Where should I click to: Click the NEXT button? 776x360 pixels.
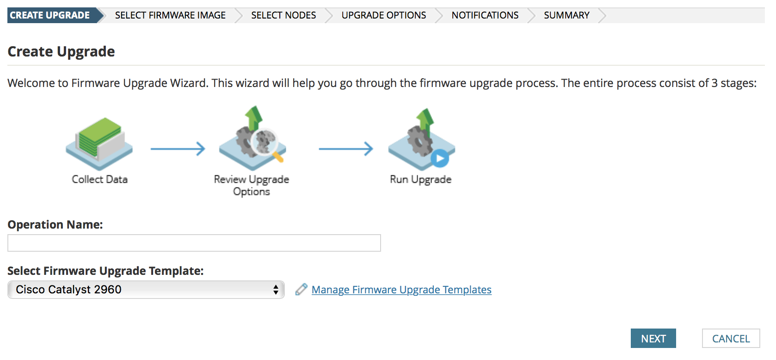(x=653, y=338)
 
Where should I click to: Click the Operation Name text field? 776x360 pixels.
(x=194, y=243)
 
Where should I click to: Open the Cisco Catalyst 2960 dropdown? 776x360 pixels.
(x=146, y=290)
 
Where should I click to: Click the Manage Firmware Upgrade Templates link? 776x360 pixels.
(x=401, y=290)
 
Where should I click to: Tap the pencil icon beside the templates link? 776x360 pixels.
(x=301, y=290)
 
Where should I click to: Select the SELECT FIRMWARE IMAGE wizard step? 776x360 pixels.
(x=170, y=15)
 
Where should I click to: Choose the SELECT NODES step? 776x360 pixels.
(x=283, y=15)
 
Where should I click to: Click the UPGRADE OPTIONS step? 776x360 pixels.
(x=383, y=15)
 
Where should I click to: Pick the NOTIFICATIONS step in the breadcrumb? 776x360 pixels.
(x=485, y=15)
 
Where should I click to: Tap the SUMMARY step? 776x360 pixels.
(x=567, y=15)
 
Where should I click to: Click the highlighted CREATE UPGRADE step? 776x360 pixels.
(x=50, y=15)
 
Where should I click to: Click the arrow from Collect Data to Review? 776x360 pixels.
(x=178, y=149)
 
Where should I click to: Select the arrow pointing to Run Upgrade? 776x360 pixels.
(x=345, y=149)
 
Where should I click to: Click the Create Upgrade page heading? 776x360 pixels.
(x=61, y=51)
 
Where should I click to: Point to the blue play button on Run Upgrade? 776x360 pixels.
(x=440, y=158)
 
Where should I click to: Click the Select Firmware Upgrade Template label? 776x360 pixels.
(x=105, y=271)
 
